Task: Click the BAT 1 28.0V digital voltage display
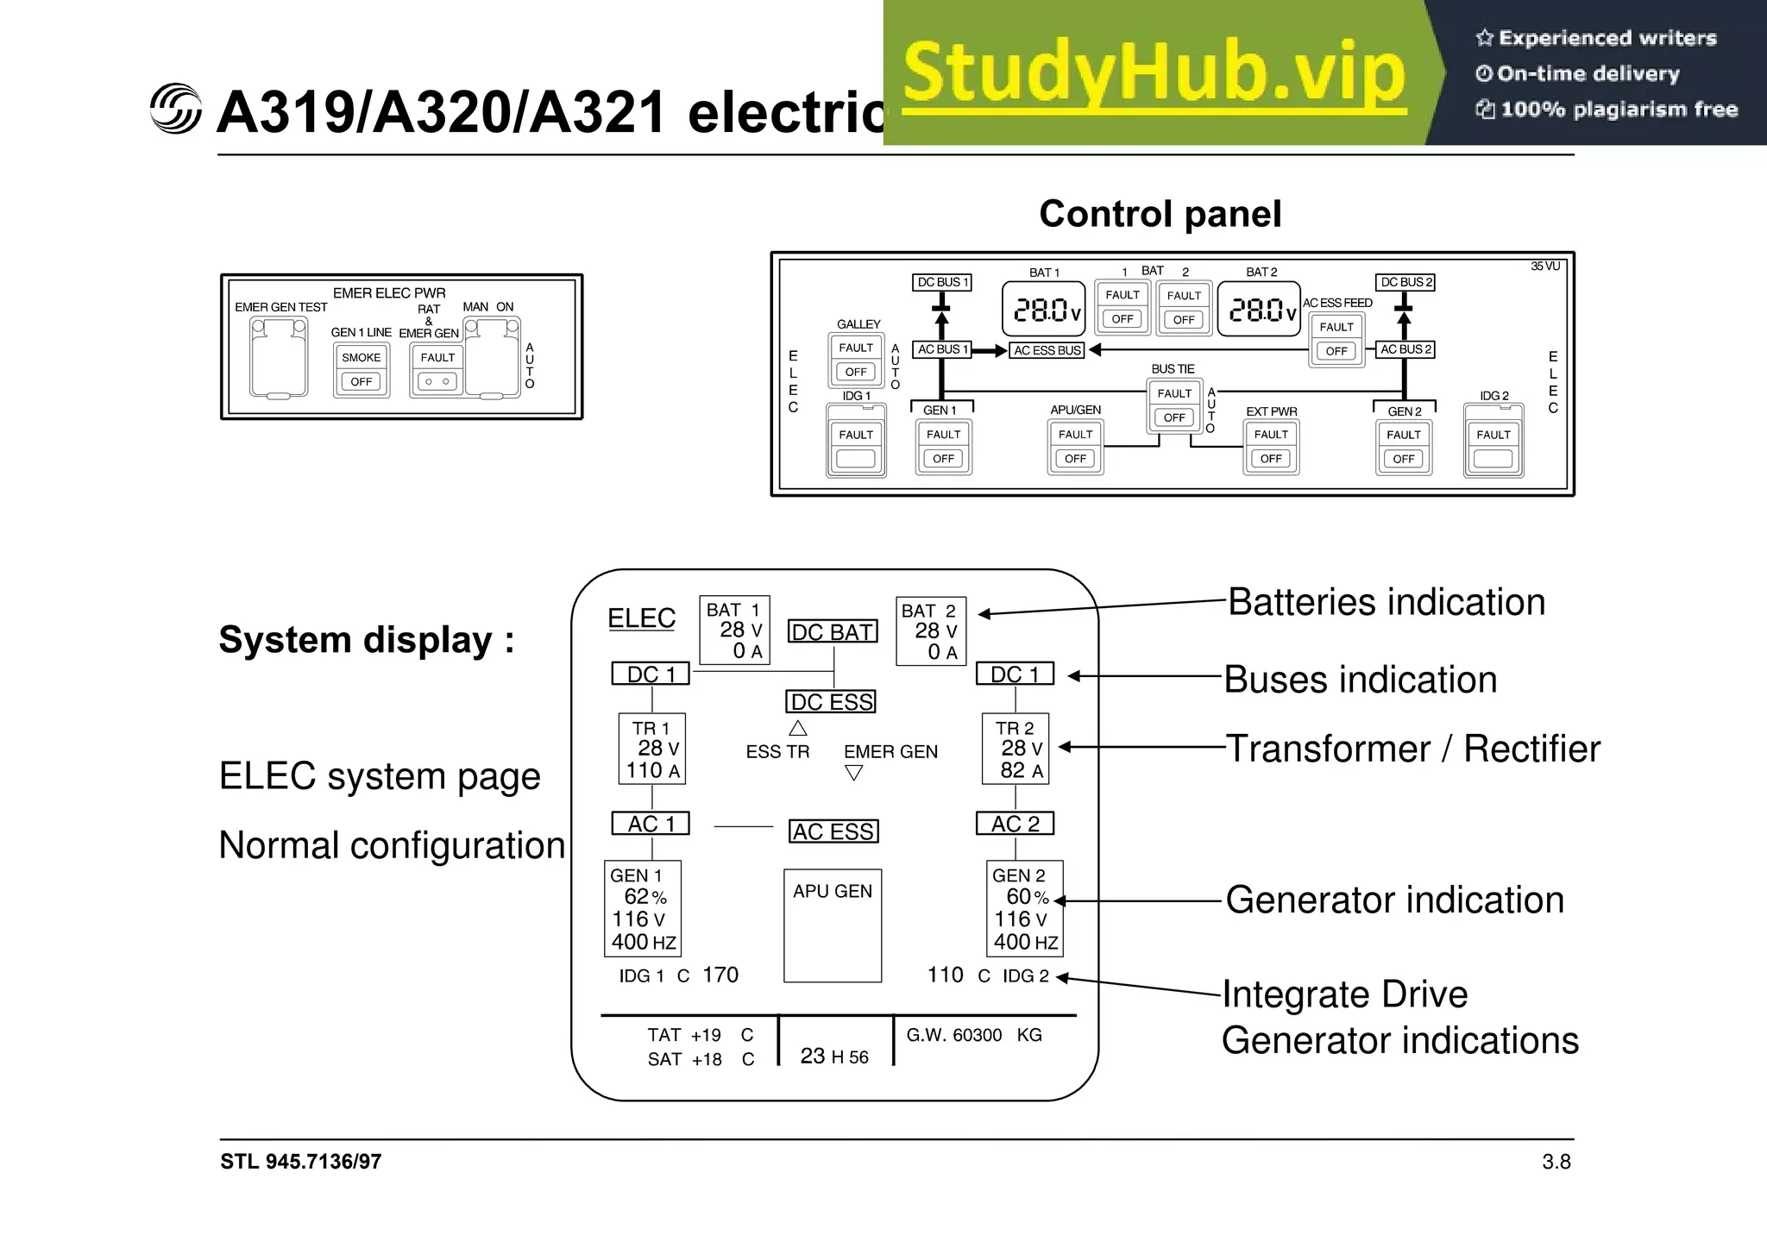click(1044, 309)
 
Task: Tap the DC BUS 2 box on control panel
click(1405, 282)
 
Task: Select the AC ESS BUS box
click(1047, 350)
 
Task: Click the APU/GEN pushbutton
click(1075, 447)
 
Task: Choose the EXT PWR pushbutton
click(1271, 447)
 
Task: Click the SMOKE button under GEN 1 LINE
click(362, 370)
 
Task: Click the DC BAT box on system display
click(833, 632)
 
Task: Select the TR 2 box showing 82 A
click(1016, 749)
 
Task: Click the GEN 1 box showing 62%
click(643, 908)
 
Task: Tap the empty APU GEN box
click(833, 925)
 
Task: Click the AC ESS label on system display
click(833, 831)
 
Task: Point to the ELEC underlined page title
click(641, 618)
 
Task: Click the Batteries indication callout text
click(1386, 602)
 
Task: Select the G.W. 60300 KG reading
click(974, 1035)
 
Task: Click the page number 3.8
click(1556, 1162)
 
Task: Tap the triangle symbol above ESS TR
click(798, 728)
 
